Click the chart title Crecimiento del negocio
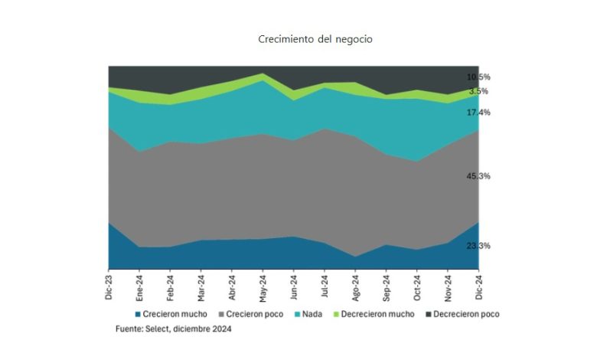click(315, 39)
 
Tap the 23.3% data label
click(478, 246)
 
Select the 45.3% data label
click(478, 176)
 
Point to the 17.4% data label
click(478, 113)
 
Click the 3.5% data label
click(479, 91)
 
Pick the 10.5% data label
click(478, 77)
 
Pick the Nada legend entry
click(311, 314)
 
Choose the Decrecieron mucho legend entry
click(374, 314)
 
